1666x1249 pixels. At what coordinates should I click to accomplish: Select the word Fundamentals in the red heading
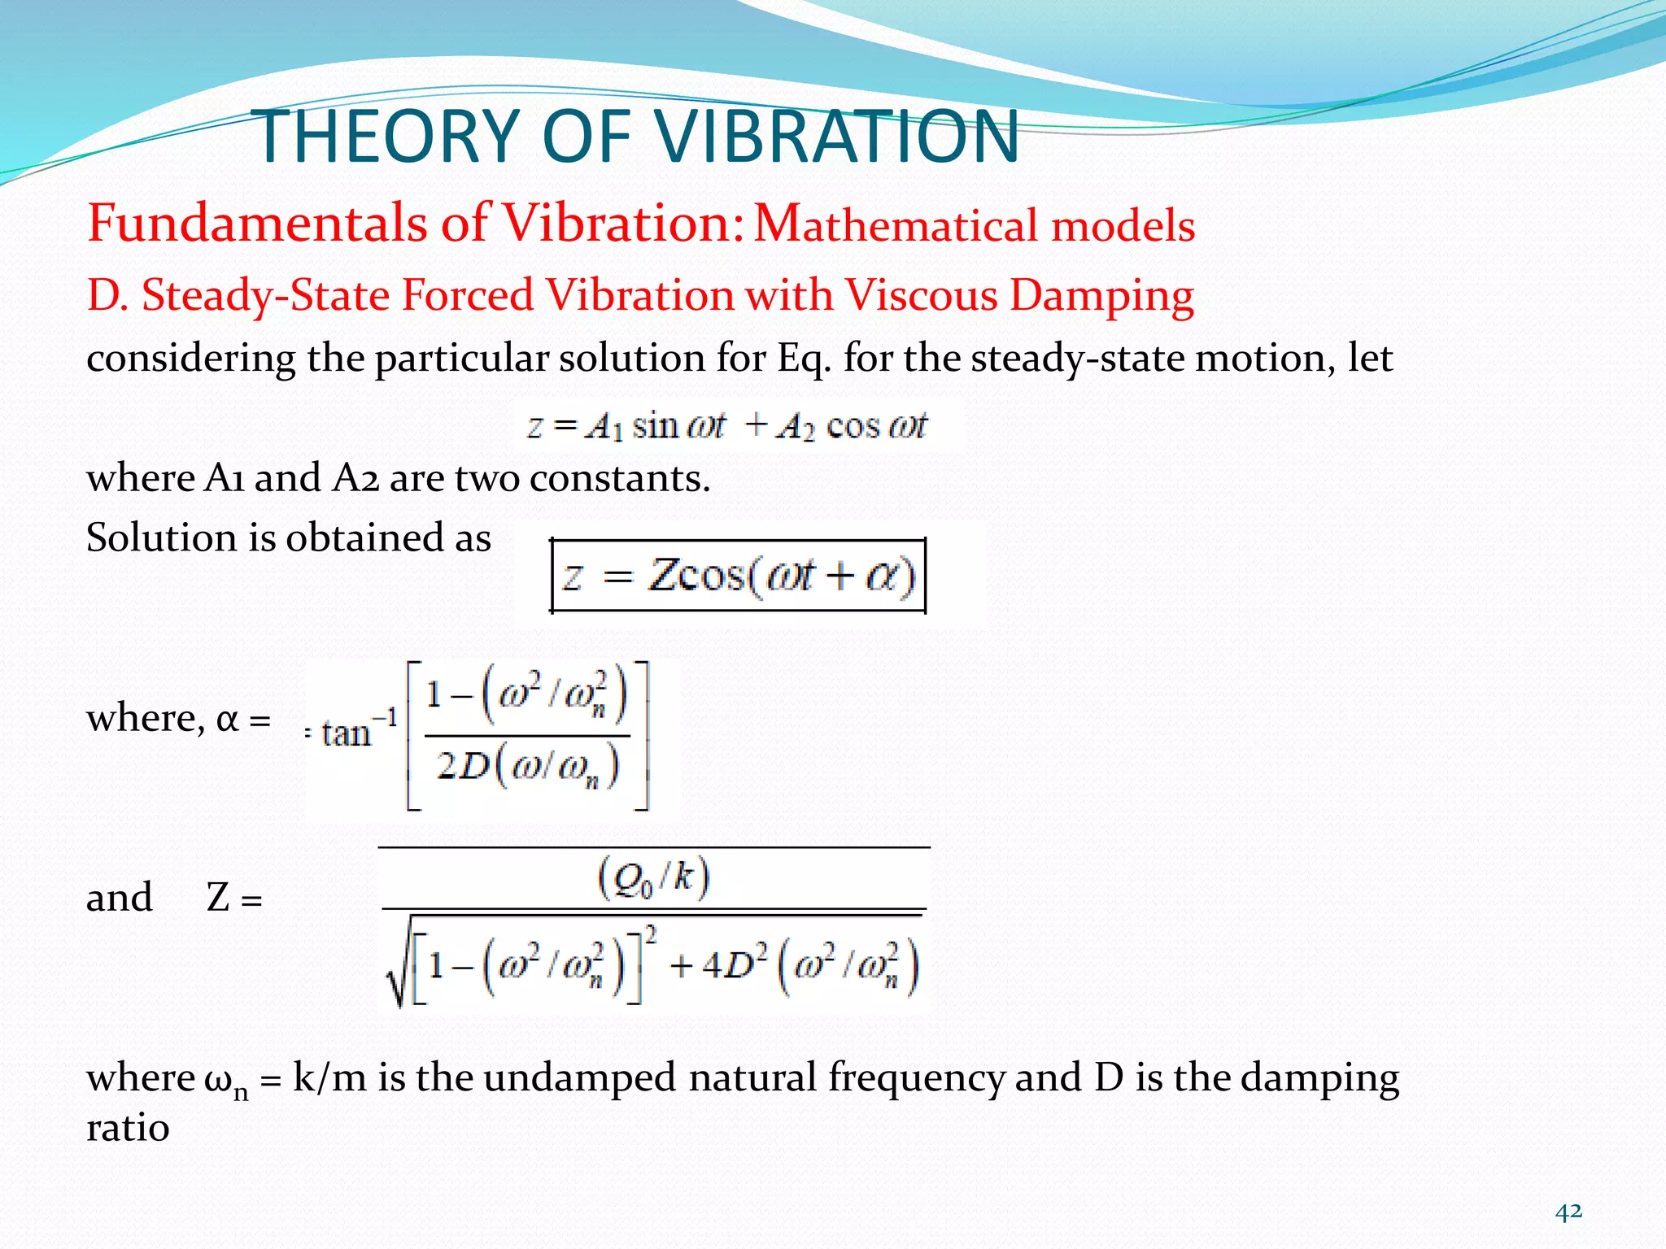257,223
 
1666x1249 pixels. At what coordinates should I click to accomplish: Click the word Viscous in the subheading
921,294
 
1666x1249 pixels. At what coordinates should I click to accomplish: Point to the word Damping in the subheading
1101,296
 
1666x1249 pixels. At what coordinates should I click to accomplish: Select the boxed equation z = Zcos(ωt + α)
739,576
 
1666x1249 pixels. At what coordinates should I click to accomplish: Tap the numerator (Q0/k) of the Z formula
653,879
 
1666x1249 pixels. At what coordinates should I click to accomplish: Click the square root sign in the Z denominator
398,964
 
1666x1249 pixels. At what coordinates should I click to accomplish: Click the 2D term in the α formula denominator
462,766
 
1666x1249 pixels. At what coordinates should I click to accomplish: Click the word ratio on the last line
128,1128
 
